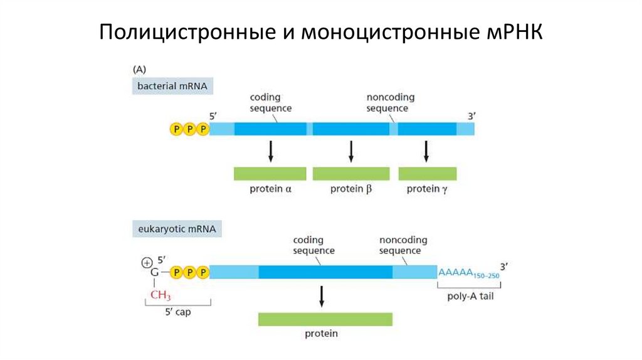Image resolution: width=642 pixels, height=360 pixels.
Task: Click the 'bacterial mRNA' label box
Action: click(172, 85)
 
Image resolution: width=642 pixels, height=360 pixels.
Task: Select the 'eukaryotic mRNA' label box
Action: click(176, 230)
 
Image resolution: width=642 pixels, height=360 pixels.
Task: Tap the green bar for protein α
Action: click(270, 174)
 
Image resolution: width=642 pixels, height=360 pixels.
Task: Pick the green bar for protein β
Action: click(351, 174)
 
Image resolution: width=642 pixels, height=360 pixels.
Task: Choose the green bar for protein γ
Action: click(428, 174)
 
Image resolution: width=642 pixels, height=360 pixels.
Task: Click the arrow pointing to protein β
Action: click(351, 151)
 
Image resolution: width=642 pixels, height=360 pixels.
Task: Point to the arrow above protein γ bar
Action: click(427, 151)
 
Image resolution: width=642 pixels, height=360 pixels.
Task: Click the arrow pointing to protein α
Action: click(270, 151)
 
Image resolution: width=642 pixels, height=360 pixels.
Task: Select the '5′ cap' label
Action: click(178, 312)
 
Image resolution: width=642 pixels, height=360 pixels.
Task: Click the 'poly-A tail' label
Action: click(470, 296)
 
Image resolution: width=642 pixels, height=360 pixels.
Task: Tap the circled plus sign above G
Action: click(147, 262)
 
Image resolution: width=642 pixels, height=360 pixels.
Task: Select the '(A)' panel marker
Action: click(139, 70)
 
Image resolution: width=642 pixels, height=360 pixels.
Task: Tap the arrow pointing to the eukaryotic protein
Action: click(322, 296)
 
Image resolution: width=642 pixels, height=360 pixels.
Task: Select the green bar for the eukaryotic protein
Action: click(325, 319)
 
